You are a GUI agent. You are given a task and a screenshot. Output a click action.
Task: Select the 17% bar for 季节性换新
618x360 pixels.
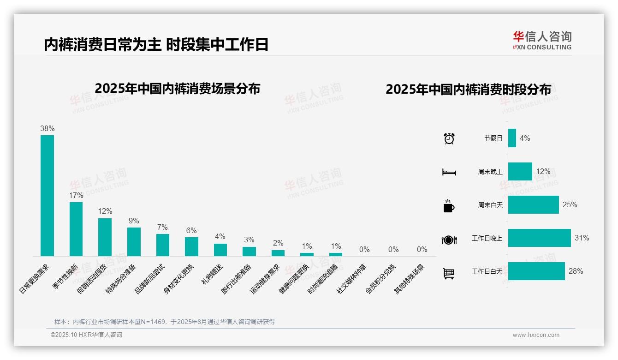click(76, 229)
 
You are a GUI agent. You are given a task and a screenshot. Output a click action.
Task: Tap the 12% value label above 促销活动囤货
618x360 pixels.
click(105, 211)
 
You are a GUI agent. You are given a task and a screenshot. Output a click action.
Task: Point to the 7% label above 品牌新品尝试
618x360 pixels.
click(162, 227)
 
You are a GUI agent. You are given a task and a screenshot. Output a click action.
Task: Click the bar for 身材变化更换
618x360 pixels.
click(191, 246)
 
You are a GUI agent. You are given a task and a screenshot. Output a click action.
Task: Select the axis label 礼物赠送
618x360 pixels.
click(212, 274)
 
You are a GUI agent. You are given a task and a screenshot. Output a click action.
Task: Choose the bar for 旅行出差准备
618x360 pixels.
click(249, 251)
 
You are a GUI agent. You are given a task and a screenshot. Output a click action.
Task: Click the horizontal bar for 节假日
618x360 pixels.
click(512, 138)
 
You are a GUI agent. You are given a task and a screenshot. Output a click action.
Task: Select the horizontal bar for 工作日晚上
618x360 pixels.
click(539, 238)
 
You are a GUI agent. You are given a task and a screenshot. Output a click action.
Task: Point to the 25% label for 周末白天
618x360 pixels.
click(570, 204)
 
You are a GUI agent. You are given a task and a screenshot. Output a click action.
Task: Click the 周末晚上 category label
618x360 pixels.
click(490, 172)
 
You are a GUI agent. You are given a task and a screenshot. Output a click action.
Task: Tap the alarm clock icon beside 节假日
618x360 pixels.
click(449, 138)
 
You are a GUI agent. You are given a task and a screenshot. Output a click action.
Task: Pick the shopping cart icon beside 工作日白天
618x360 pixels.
click(449, 273)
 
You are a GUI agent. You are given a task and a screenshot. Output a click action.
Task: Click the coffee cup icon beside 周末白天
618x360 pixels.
click(449, 206)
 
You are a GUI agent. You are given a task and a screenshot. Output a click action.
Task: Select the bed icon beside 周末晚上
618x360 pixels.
click(449, 172)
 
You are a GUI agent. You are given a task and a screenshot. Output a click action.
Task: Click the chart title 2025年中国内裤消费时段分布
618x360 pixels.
click(468, 90)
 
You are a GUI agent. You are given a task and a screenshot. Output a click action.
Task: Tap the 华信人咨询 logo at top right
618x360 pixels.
click(542, 40)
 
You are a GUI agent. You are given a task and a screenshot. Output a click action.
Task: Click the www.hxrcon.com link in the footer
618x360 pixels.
click(536, 335)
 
